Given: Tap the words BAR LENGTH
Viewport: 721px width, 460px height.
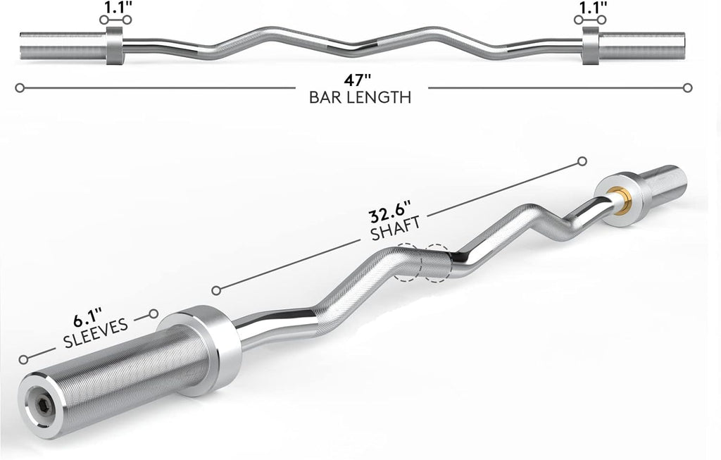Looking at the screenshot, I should click(x=360, y=98).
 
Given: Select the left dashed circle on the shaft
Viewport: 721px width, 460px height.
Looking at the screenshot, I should click(x=408, y=263).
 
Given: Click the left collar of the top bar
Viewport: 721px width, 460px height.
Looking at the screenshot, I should click(x=115, y=47).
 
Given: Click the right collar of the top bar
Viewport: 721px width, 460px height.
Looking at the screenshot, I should click(x=591, y=47).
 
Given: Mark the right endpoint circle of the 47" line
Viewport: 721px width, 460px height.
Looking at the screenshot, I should click(x=688, y=88).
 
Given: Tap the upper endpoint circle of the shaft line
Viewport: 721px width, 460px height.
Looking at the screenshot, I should click(x=582, y=162).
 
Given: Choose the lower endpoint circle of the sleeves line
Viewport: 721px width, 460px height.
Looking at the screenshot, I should click(x=25, y=359).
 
